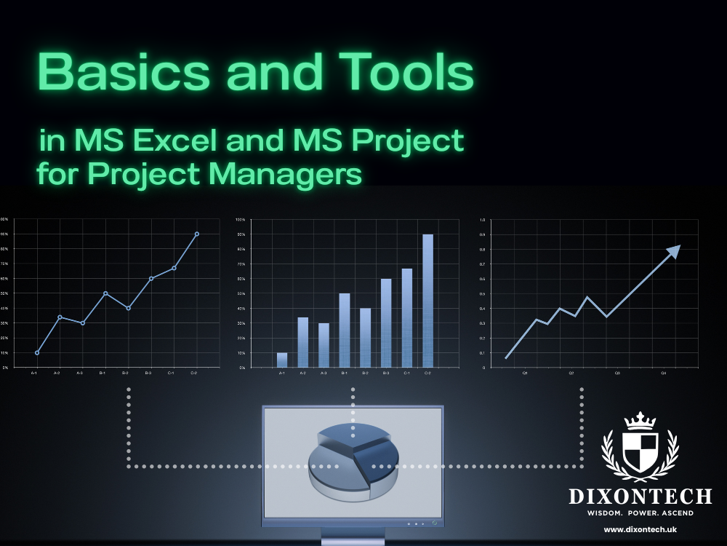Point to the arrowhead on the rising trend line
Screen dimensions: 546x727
pos(673,252)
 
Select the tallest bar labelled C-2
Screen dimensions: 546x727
pos(427,300)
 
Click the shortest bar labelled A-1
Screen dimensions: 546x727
pos(282,360)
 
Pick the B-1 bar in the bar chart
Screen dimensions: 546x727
pos(345,330)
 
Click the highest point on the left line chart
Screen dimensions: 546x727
pos(196,234)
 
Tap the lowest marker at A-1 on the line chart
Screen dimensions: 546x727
pos(37,353)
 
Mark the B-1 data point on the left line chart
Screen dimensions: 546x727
pos(105,293)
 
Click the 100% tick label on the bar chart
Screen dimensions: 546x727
pos(241,219)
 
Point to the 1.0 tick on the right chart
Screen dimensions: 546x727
pos(482,219)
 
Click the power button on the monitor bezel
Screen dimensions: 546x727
pos(434,523)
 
